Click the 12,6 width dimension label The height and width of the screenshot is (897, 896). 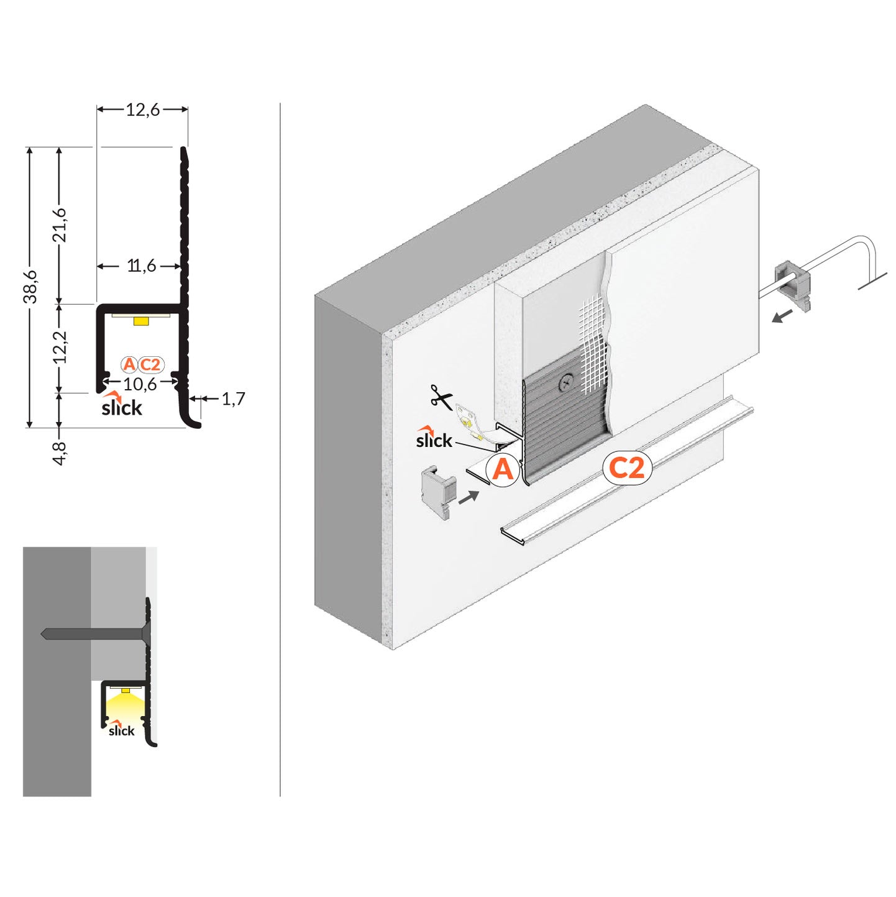click(142, 109)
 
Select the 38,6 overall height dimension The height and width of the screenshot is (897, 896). click(30, 287)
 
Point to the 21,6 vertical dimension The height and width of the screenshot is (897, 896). click(60, 225)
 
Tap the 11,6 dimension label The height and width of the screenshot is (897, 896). click(142, 266)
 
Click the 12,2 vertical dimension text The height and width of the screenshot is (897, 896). click(60, 347)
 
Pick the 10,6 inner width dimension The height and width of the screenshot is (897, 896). click(140, 384)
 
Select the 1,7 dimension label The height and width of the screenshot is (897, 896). click(233, 398)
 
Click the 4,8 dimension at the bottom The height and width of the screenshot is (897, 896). click(60, 453)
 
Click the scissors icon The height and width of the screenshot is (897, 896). click(442, 397)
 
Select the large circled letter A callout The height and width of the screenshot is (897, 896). click(502, 469)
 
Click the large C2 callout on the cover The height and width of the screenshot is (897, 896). click(627, 467)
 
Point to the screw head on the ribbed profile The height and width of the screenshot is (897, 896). click(567, 383)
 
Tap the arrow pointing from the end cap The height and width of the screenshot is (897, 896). click(469, 496)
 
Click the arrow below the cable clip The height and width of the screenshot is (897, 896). click(782, 316)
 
